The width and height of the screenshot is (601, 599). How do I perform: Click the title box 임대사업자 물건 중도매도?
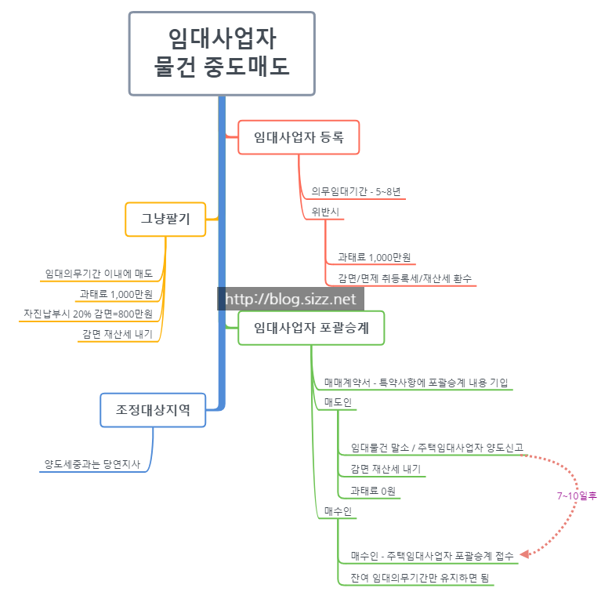click(222, 53)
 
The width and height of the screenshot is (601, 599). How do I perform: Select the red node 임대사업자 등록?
click(299, 137)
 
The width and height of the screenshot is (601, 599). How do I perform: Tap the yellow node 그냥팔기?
click(165, 220)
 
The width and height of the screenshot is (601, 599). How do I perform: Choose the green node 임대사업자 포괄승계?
click(311, 329)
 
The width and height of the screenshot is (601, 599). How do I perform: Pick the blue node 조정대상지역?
click(154, 409)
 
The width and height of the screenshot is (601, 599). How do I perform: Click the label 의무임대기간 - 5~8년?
click(356, 191)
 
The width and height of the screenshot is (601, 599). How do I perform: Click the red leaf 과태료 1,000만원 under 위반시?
click(374, 257)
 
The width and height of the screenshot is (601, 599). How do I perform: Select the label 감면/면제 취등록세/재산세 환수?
click(404, 278)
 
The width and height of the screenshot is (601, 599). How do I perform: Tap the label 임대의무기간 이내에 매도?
click(99, 274)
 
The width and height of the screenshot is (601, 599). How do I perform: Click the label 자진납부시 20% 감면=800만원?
click(89, 314)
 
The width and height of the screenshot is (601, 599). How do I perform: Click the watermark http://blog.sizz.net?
click(291, 299)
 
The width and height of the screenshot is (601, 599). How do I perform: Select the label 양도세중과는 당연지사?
click(93, 464)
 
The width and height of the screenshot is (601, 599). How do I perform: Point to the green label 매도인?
click(338, 402)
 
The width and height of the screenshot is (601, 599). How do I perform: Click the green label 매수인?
click(338, 511)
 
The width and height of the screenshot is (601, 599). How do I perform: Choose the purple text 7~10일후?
click(577, 496)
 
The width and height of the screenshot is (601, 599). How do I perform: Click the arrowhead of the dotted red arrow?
click(526, 554)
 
